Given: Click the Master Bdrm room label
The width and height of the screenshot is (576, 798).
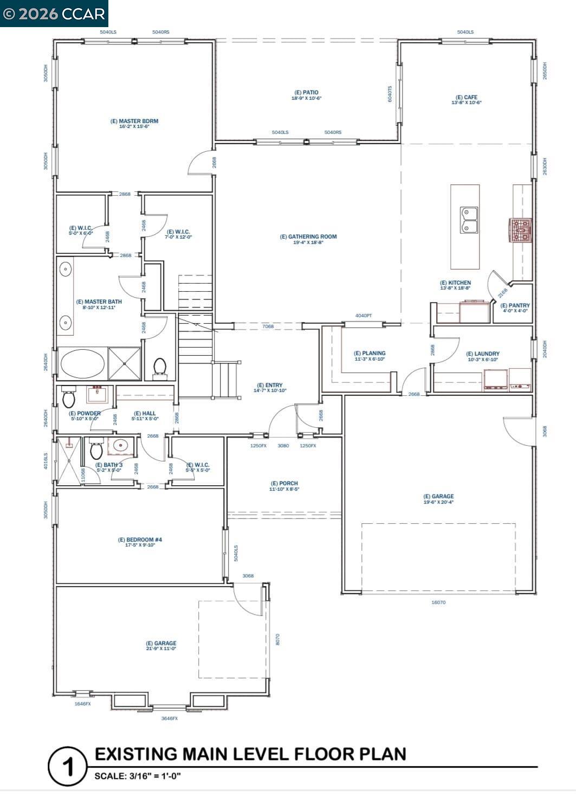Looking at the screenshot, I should point(134,121).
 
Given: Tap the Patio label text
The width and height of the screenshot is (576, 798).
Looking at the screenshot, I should point(307,93).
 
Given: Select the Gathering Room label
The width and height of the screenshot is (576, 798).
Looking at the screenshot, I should point(308,237).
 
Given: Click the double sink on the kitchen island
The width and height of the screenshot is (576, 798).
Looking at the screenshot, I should point(469,220).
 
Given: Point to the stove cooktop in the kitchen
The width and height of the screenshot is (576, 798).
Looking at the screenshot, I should point(520,230).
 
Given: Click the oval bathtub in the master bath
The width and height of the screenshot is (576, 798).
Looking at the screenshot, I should point(82,363).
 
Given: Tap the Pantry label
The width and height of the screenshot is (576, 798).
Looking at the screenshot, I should point(515,306).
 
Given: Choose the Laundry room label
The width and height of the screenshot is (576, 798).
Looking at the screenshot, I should point(483,354).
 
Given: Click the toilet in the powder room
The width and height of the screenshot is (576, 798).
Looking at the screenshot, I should point(69,397).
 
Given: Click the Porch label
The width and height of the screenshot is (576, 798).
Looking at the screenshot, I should point(284,484).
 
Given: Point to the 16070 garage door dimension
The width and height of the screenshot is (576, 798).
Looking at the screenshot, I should point(438,602).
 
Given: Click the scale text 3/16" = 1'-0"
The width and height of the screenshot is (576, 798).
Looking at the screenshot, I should point(138,776).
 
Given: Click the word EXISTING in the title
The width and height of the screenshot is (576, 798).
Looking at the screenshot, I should point(136,754).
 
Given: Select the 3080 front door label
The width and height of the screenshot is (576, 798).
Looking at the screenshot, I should point(283,446).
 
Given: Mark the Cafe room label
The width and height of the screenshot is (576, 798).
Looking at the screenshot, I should point(466,98).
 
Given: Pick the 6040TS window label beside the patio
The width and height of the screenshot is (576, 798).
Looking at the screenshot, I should point(390,94).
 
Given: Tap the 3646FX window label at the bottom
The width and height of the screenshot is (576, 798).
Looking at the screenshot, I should point(169,718).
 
